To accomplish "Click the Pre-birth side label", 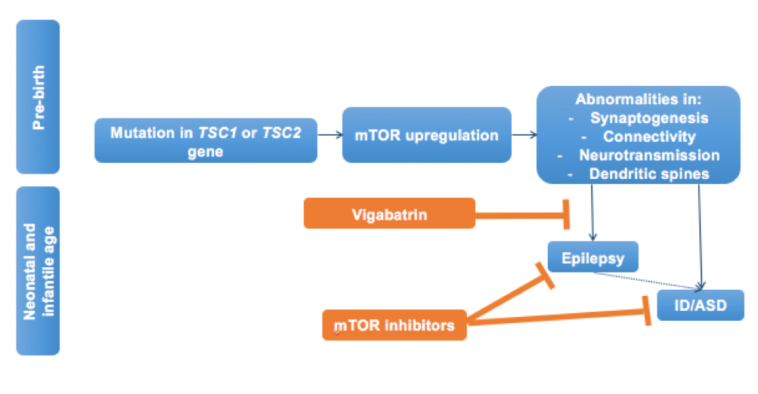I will pyautogui.click(x=37, y=96).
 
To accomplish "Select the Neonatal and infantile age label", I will pyautogui.click(x=37, y=271).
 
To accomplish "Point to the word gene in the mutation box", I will pyautogui.click(x=205, y=151).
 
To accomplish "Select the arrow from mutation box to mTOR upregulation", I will pyautogui.click(x=329, y=136).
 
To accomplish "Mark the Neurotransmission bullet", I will pyautogui.click(x=648, y=155).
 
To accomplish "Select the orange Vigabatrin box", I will pyautogui.click(x=389, y=214).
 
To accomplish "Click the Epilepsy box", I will pyautogui.click(x=593, y=257).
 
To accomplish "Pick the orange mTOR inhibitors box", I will pyautogui.click(x=394, y=325).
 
